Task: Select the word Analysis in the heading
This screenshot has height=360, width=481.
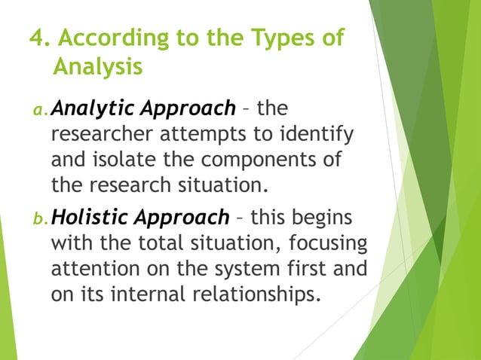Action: (98, 67)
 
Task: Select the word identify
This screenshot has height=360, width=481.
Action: (307, 136)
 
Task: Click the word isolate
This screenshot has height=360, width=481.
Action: (125, 161)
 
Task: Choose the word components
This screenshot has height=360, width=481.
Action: (270, 161)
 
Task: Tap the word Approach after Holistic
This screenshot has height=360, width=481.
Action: (185, 218)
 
